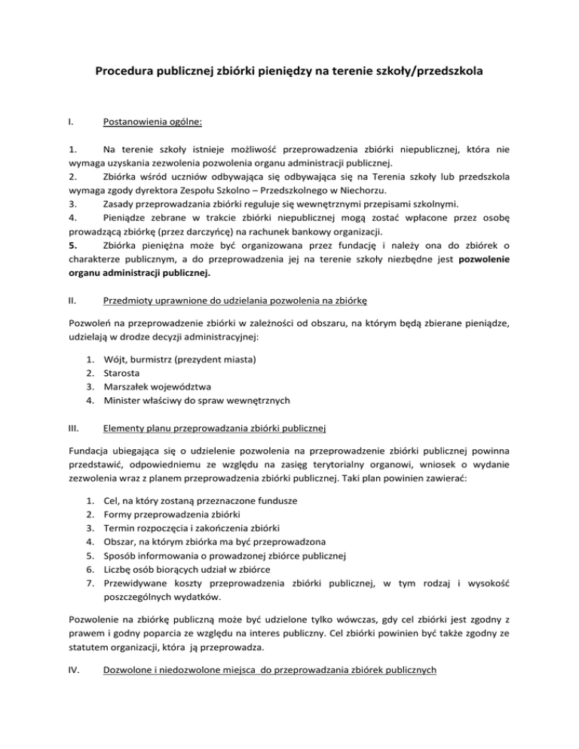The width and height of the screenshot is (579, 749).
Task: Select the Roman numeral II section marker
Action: pyautogui.click(x=72, y=299)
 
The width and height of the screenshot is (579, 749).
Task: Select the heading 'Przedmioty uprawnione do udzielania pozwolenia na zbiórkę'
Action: pyautogui.click(x=234, y=299)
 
